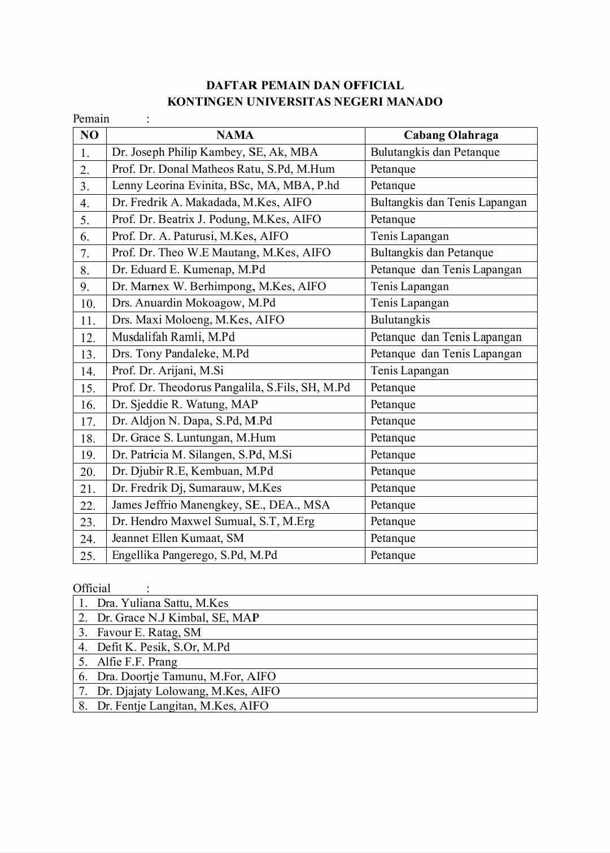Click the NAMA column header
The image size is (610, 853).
point(235,135)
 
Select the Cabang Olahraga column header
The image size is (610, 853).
point(451,135)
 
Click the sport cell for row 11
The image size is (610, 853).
point(400,320)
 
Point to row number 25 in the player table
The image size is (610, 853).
point(88,556)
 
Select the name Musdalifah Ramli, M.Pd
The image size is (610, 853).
point(173,337)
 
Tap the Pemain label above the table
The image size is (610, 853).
point(91,119)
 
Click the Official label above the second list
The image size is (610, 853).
point(91,588)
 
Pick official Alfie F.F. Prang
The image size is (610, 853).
point(137,662)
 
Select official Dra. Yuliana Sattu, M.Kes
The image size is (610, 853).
point(163,603)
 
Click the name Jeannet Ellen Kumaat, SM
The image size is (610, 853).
point(177,539)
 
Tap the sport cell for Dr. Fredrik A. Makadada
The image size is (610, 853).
point(448,203)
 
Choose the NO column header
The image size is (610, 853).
point(89,135)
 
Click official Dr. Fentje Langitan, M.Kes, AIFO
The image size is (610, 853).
point(182,706)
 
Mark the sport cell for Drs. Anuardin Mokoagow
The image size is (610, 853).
point(409,303)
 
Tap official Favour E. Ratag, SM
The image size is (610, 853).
point(149,632)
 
